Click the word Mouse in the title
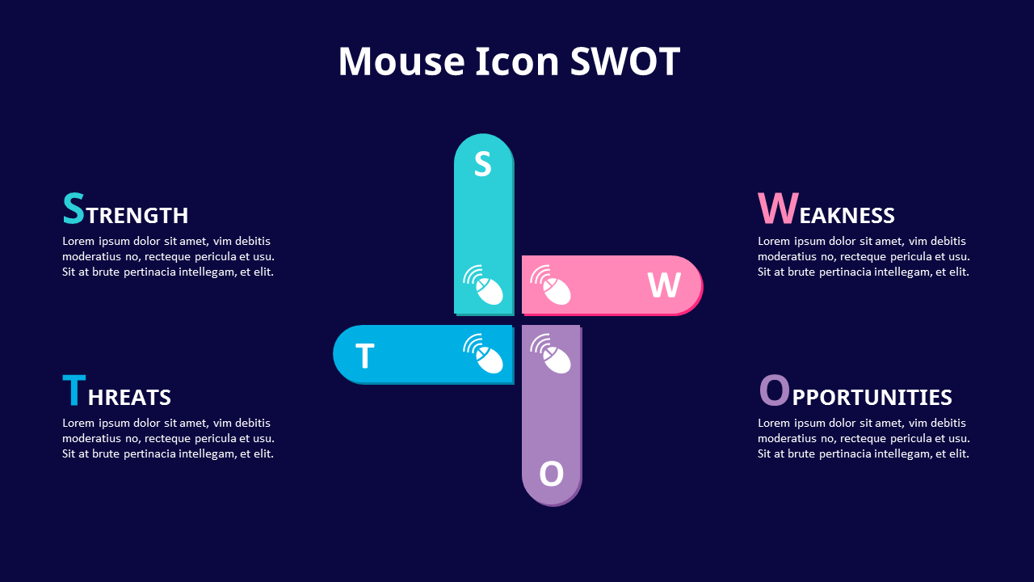coord(401,61)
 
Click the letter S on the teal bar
coord(482,164)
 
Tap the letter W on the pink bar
coord(664,285)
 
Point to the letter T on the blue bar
coord(365,356)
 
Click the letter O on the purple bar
coord(551,474)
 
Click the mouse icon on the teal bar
coord(484,285)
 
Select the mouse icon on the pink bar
coord(551,285)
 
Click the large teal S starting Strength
coord(74,209)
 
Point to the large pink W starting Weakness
coord(778,209)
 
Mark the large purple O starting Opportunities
coord(774,390)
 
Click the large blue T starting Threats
coord(74,390)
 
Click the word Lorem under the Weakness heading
coord(774,241)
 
